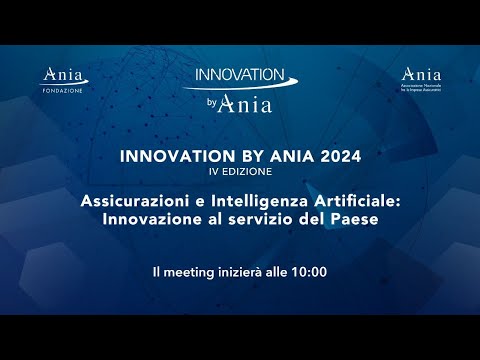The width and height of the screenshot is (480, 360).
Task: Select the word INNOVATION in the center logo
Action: [x=239, y=76]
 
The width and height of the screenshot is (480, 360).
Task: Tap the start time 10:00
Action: [x=309, y=272]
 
